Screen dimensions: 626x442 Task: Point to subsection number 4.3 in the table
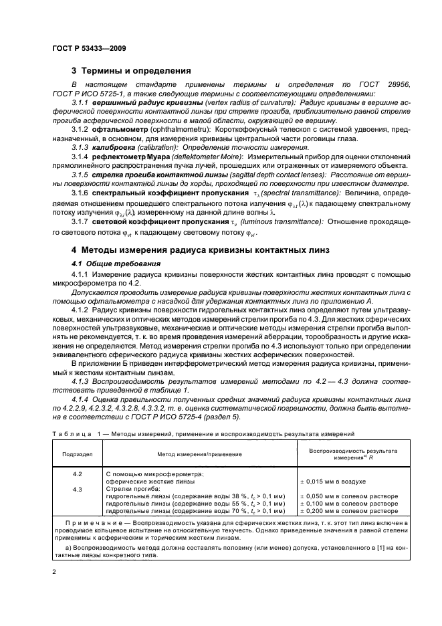[x=77, y=489]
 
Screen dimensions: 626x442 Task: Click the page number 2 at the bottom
[x=54, y=572]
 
